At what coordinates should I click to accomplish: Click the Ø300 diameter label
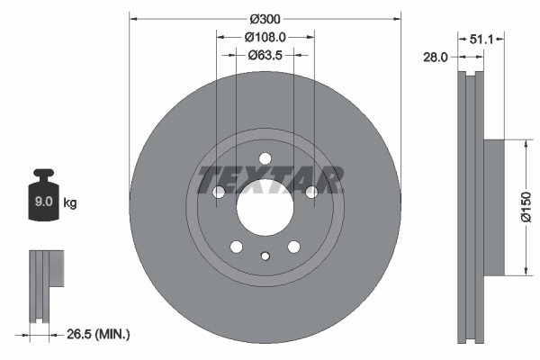(x=265, y=19)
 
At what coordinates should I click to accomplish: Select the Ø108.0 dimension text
(x=265, y=37)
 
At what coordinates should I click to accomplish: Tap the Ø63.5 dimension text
(x=265, y=55)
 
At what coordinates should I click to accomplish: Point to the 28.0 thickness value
(x=435, y=57)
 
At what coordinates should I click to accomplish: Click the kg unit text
(x=70, y=203)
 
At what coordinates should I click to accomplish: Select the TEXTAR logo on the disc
(x=270, y=179)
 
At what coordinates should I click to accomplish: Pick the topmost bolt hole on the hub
(x=265, y=160)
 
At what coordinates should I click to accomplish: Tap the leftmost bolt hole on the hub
(x=218, y=193)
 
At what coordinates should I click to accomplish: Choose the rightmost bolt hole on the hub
(x=311, y=193)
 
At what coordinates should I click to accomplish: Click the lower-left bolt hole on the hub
(x=236, y=247)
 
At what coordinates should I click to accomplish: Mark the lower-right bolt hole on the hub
(x=293, y=247)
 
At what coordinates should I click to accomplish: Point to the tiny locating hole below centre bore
(x=265, y=256)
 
